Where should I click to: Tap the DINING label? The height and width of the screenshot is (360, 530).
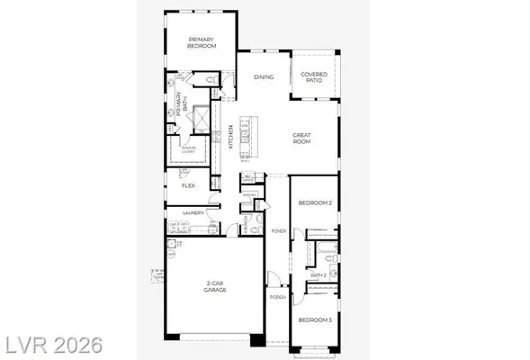click(263, 77)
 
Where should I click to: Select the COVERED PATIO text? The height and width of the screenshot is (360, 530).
click(314, 78)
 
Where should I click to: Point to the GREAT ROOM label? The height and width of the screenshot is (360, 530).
click(301, 139)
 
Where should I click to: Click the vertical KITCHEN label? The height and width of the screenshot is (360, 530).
click(231, 136)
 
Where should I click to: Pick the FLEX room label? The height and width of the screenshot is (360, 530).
click(189, 185)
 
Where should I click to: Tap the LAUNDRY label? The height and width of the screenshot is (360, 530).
click(193, 213)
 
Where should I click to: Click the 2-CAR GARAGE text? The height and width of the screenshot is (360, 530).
click(213, 286)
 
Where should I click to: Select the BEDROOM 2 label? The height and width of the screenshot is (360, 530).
click(316, 204)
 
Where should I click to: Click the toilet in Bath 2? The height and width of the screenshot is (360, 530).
click(330, 259)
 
